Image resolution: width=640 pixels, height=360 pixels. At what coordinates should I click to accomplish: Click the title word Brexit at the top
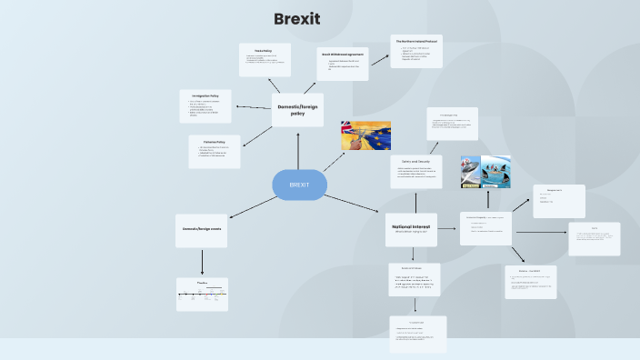click(296, 19)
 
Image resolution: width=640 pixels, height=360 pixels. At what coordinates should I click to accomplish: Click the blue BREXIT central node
click(299, 185)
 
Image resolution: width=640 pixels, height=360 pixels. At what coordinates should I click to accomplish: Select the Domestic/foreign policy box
click(297, 110)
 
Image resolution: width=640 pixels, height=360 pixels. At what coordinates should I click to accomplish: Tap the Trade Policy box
click(265, 59)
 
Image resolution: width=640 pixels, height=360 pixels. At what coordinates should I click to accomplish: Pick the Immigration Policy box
click(205, 106)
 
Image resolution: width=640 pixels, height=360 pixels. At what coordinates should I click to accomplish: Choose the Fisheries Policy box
click(215, 152)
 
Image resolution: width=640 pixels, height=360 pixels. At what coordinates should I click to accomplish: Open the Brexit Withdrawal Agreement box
click(343, 64)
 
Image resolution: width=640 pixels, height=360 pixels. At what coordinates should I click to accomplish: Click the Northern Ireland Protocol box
click(416, 51)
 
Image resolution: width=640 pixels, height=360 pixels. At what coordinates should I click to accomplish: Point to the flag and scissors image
click(365, 136)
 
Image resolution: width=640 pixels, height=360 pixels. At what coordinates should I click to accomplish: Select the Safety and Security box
click(415, 171)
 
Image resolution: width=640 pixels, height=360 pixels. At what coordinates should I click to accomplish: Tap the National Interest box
click(411, 229)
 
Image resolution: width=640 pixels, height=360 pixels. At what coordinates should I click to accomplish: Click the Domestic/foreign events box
click(202, 230)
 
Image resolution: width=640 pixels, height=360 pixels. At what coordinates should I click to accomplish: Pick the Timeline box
click(202, 294)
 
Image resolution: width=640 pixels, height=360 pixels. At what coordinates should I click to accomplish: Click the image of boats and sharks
click(485, 171)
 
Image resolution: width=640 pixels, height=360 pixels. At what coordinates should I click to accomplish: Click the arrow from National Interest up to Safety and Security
click(414, 200)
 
